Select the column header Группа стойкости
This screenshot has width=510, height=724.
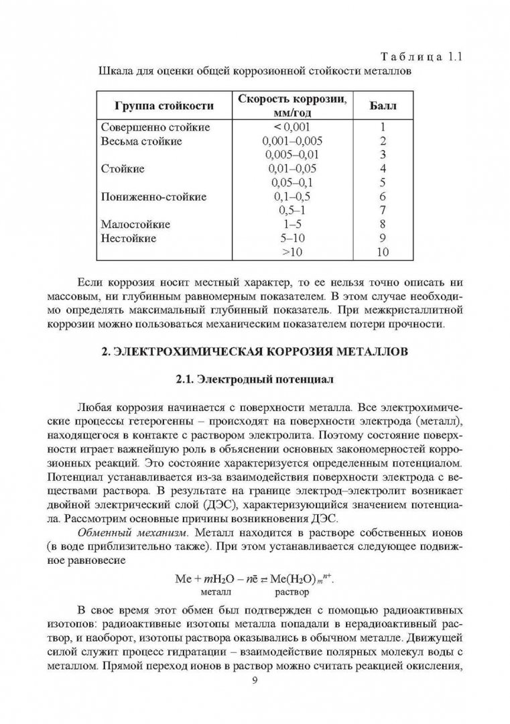coord(164,105)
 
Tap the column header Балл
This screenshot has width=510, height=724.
coord(383,105)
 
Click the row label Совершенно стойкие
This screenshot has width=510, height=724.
coord(155,127)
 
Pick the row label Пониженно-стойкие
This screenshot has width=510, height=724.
coord(153,197)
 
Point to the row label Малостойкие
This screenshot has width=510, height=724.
coord(135,225)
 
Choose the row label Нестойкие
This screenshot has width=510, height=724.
coord(128,238)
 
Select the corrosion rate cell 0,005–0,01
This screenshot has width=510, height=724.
coord(292,155)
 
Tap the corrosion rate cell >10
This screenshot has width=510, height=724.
coord(292,252)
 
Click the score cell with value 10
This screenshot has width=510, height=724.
coord(382,252)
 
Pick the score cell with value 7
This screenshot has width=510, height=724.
coord(383,210)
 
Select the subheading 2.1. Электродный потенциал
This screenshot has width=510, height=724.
coord(255,379)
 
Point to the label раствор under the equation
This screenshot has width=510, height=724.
coord(292,592)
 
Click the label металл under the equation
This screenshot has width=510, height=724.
coord(214,592)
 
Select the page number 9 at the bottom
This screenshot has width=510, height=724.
coord(255,679)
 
